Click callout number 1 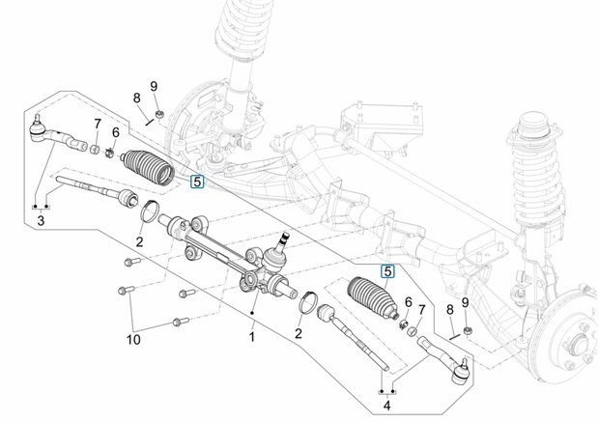click(x=252, y=337)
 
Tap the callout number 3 click(x=41, y=220)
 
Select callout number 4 click(x=387, y=406)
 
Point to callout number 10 click(x=133, y=339)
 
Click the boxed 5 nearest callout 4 click(x=387, y=272)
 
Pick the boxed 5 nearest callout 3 click(x=197, y=182)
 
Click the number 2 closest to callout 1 click(x=299, y=333)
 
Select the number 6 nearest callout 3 click(x=115, y=132)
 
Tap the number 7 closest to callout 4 click(x=422, y=310)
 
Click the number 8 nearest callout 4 click(x=450, y=309)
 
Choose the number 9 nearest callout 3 click(x=154, y=86)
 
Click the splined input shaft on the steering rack click(x=283, y=239)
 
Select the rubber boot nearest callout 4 click(x=371, y=296)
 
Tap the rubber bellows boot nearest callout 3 click(x=148, y=167)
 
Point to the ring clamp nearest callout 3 click(x=150, y=211)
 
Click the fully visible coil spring click(x=537, y=172)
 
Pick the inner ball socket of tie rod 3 click(x=127, y=197)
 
